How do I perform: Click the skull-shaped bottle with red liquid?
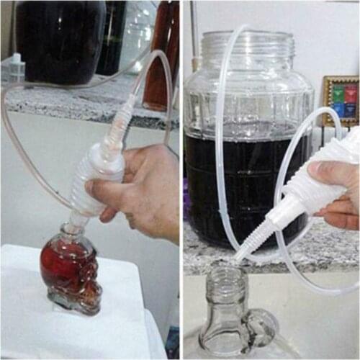[70, 270]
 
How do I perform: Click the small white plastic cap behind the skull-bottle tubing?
[15, 65]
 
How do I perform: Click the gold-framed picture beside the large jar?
[341, 101]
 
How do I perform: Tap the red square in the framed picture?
[335, 94]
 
